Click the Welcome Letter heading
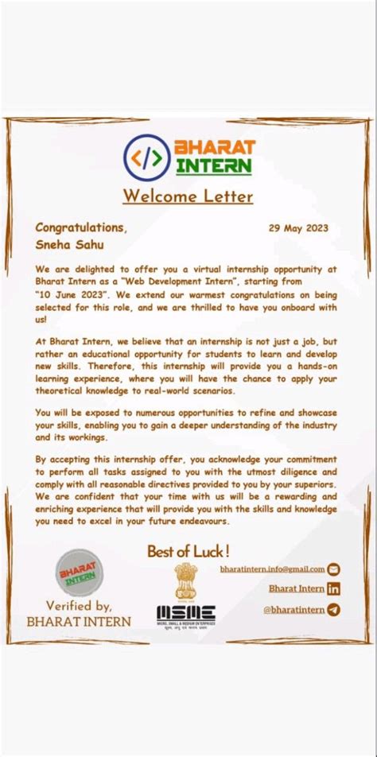[188, 196]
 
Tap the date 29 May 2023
[298, 228]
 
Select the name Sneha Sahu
[69, 245]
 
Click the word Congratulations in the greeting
[80, 228]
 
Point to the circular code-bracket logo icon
[147, 157]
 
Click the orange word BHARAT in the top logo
[214, 148]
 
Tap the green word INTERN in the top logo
[214, 166]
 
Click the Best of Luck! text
[188, 550]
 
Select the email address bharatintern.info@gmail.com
[272, 569]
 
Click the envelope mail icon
[334, 569]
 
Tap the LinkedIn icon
[334, 588]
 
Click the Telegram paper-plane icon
[334, 610]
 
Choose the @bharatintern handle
[293, 610]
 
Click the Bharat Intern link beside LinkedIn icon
[296, 588]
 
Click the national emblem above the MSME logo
[185, 580]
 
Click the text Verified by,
[78, 606]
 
